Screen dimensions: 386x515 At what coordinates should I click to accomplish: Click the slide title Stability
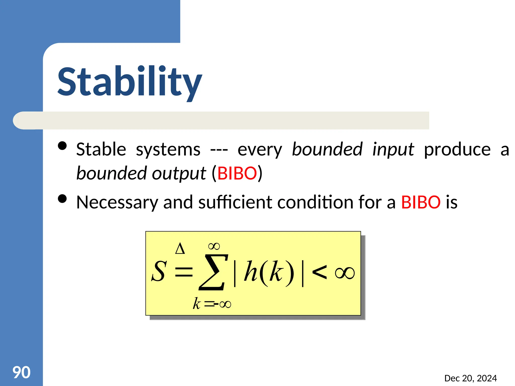point(130,82)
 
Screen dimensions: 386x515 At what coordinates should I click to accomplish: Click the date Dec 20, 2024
point(470,378)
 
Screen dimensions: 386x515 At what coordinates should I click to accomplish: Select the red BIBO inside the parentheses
point(237,173)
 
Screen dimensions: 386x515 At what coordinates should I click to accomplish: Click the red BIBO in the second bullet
point(420,202)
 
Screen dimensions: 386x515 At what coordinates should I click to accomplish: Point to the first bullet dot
point(62,146)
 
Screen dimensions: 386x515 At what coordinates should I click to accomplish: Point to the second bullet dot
point(62,199)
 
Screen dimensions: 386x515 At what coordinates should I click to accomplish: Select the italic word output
point(179,174)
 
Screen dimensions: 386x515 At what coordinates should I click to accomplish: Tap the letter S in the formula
point(159,272)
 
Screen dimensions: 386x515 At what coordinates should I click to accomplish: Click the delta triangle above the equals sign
point(180,249)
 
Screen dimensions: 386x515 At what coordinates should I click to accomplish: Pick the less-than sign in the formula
point(319,272)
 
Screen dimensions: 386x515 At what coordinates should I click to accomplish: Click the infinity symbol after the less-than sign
point(345,273)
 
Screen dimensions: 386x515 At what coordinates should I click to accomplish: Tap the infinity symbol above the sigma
point(214,246)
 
